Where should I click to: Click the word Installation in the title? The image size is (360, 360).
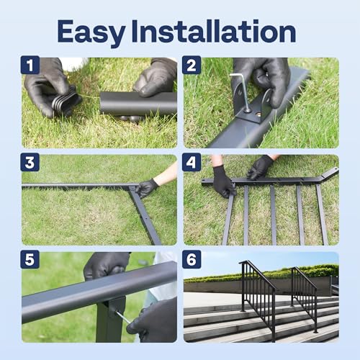224,32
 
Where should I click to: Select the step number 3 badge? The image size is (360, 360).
30,163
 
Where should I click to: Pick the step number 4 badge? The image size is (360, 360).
192,163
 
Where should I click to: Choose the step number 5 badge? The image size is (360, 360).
30,260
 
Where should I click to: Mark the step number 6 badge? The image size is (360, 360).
192,260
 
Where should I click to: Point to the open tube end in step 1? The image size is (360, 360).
104,103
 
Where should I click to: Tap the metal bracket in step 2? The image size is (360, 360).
252,104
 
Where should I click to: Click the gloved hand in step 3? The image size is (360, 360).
147,187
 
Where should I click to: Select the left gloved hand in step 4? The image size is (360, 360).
222,182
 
